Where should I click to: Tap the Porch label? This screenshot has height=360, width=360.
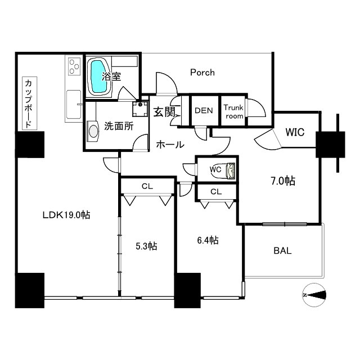click(x=202, y=73)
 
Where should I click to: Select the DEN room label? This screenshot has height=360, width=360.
click(x=204, y=110)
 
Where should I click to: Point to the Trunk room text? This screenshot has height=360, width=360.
click(x=233, y=111)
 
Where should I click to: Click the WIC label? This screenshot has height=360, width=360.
click(x=295, y=132)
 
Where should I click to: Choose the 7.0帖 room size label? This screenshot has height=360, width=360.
click(x=283, y=181)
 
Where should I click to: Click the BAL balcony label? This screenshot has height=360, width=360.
click(x=282, y=250)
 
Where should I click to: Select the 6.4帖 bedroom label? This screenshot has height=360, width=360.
click(x=208, y=240)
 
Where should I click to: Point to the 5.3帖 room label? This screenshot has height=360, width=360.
click(x=146, y=246)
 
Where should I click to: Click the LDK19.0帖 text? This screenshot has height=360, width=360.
click(x=66, y=215)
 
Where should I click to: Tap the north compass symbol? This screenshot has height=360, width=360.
click(x=314, y=295)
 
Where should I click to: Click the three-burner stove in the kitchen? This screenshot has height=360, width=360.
click(x=75, y=66)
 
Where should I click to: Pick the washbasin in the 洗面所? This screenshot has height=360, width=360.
click(x=93, y=131)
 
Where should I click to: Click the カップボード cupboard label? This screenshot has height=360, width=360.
click(x=29, y=103)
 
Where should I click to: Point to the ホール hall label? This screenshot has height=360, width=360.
click(x=170, y=145)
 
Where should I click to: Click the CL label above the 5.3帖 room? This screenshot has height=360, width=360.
click(x=147, y=186)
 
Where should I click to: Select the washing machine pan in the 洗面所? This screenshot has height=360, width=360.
click(x=140, y=109)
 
